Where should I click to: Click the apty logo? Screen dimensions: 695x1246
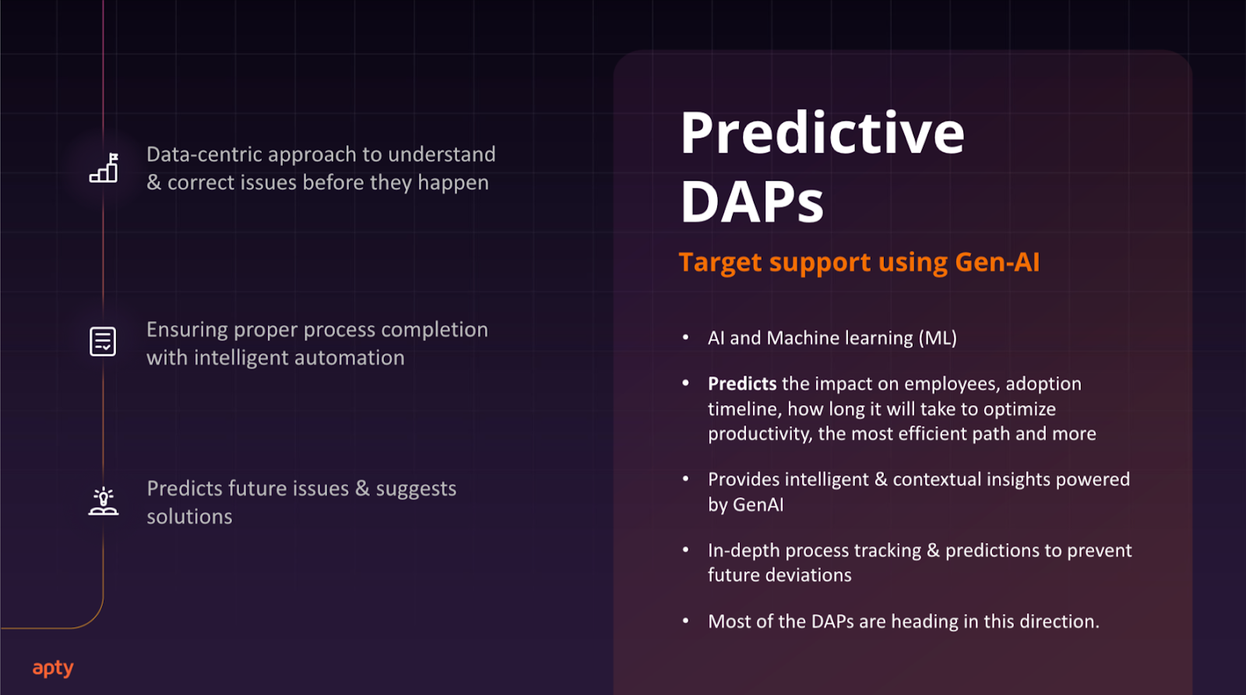(53, 669)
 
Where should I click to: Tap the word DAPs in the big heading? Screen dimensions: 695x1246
(751, 203)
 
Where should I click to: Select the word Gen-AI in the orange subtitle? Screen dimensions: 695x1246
(997, 263)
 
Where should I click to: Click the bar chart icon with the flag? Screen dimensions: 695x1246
(104, 168)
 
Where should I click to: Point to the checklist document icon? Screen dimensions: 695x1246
(103, 341)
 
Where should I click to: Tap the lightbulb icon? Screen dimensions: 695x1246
(103, 501)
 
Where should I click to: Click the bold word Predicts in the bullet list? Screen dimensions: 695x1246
(741, 384)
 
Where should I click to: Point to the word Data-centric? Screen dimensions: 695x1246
(203, 154)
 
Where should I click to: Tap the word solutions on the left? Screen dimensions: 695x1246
(189, 517)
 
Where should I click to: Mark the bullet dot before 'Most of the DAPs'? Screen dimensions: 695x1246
(686, 621)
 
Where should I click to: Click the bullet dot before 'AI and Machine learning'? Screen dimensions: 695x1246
(686, 337)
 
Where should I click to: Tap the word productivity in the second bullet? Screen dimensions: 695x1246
(759, 434)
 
